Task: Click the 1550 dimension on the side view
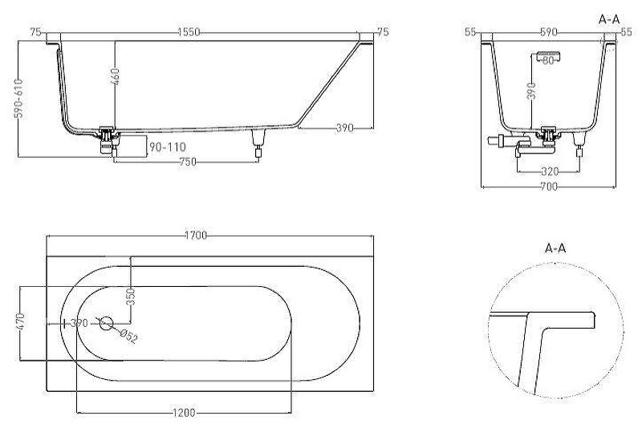tap(189, 32)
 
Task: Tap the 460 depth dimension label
tap(115, 76)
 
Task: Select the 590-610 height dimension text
tap(18, 99)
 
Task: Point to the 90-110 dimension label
tap(167, 147)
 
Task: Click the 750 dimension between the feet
tap(188, 162)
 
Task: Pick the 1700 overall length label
tap(196, 236)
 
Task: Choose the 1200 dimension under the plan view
tap(184, 413)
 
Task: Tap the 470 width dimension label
tap(22, 321)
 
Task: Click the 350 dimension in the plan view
tap(131, 297)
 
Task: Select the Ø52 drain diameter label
tap(128, 336)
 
